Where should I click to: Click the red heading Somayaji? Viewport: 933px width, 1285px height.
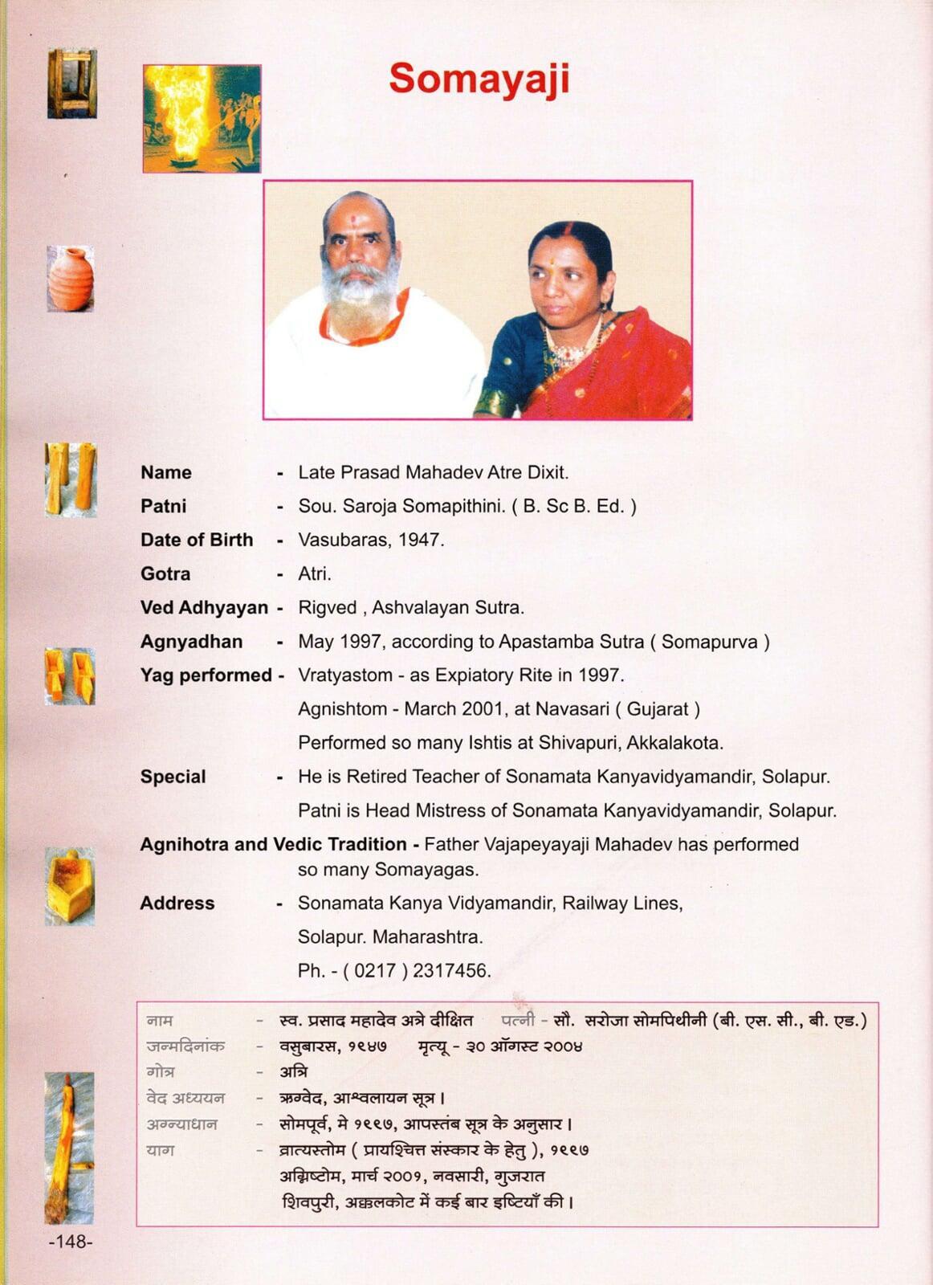(479, 80)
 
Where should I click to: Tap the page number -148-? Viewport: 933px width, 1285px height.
(71, 1242)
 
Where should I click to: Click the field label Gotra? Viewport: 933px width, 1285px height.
(165, 573)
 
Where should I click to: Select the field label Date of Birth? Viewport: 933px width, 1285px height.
(197, 540)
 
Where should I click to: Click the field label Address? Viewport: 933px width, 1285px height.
(177, 903)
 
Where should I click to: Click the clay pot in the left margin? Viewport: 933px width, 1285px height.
(71, 279)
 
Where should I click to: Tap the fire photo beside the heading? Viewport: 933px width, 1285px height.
(202, 119)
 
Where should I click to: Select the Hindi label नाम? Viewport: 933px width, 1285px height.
(160, 1021)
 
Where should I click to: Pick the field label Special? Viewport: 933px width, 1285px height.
(173, 777)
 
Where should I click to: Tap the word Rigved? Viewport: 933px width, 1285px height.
(327, 608)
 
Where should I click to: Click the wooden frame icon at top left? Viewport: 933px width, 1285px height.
(71, 84)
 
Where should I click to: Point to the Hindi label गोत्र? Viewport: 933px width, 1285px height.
(161, 1072)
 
